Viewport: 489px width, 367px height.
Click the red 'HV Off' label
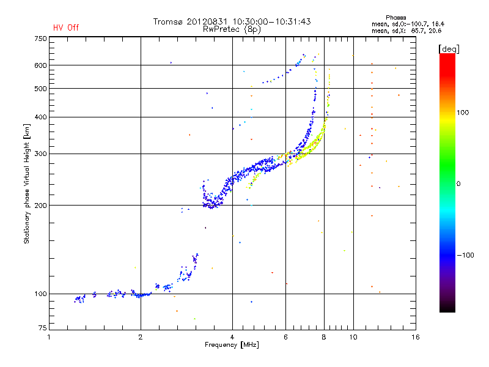(66, 28)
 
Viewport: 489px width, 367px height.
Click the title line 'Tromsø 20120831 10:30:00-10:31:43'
(232, 21)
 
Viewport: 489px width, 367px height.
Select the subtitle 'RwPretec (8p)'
(232, 29)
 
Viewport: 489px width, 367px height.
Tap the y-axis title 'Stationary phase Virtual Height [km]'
(27, 183)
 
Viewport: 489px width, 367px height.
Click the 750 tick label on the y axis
(40, 38)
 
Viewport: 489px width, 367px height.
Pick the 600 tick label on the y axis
(40, 65)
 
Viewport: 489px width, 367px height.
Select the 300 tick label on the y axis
(40, 154)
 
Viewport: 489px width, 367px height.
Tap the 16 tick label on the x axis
(415, 337)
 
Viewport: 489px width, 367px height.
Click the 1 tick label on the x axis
(50, 337)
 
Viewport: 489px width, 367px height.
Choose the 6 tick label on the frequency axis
(285, 337)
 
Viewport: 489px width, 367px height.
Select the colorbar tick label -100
(465, 255)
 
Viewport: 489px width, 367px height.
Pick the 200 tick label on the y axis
(40, 205)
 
